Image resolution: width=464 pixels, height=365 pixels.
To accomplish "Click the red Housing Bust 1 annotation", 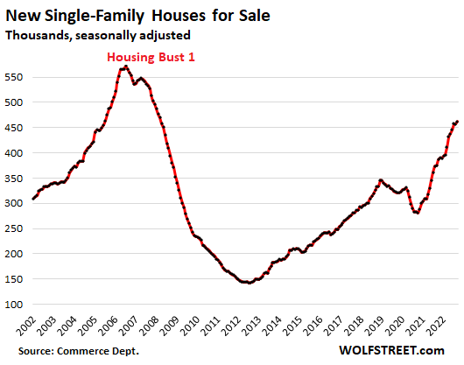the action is pos(151,57).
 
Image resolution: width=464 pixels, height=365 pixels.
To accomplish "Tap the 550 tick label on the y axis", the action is pos(14,77).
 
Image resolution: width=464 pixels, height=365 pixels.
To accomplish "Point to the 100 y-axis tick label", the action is pos(14,305).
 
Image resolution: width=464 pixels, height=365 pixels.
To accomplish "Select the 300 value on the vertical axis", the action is pos(14,203).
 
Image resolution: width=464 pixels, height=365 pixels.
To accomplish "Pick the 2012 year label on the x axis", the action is pos(232,326).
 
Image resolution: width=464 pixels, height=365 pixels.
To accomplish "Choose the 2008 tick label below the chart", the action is pos(150,326).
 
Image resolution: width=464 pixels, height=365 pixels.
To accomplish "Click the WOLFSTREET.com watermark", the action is pos(392,350).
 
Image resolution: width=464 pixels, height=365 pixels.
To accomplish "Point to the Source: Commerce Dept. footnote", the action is pos(79,351).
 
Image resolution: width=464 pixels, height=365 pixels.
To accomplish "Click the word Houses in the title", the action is pos(179,16).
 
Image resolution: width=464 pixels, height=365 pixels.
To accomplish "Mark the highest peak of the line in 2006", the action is pos(126,67).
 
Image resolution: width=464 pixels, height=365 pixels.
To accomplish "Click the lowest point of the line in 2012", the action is pos(250,283).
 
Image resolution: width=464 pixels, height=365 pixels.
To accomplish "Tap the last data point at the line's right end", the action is pos(457,122).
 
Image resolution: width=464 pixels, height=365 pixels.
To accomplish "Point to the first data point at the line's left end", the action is pos(33,199).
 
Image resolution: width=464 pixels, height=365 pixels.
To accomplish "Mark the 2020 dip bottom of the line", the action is pos(418,213).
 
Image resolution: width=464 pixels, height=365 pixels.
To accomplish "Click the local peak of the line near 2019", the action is pos(381,179).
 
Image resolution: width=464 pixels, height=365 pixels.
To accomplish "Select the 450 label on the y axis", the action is pos(14,128).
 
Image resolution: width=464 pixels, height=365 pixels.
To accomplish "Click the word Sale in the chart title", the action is pos(255,16).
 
